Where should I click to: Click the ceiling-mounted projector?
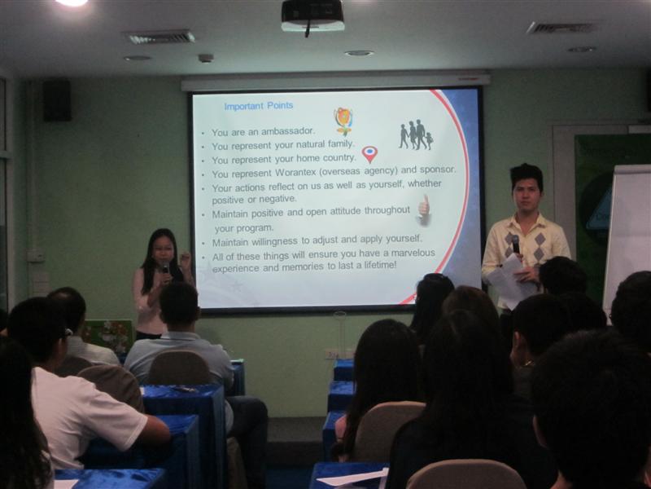click(312, 15)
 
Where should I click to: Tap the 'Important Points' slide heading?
click(259, 106)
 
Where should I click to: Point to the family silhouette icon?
click(416, 134)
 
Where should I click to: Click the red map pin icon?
click(369, 154)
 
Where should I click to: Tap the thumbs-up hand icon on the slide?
click(423, 210)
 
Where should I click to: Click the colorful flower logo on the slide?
click(343, 121)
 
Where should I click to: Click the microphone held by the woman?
click(166, 268)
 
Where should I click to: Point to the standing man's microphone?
click(516, 244)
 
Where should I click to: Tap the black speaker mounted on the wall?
click(57, 100)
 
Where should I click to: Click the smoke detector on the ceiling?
click(206, 58)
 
